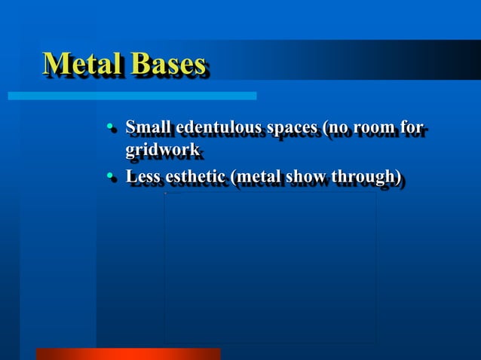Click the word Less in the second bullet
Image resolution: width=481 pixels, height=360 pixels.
tap(142, 177)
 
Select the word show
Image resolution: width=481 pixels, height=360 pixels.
tap(308, 177)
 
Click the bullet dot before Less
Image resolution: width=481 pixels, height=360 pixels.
tap(110, 178)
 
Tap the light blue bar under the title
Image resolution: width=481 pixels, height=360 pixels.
tap(132, 96)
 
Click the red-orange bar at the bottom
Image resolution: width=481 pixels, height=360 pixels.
tap(128, 353)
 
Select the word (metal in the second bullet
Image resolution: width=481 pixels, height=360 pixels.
tap(259, 177)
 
